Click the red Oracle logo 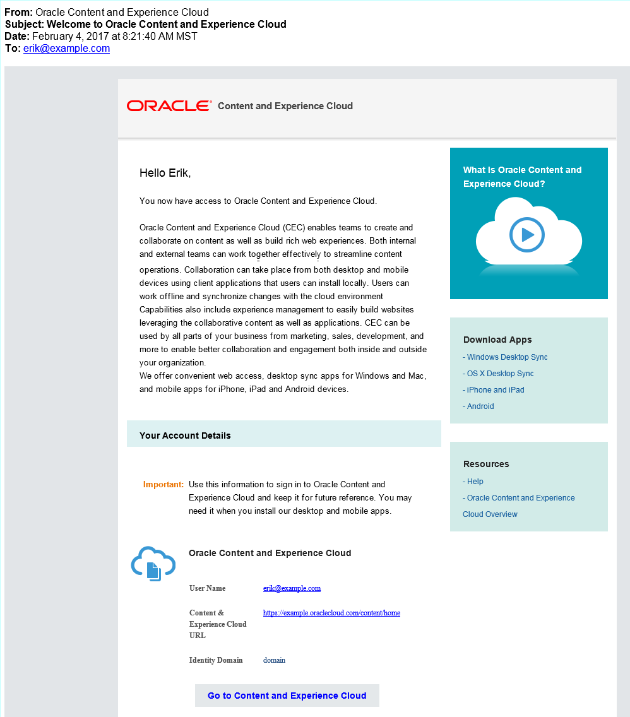169,106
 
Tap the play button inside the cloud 527,235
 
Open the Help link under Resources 475,482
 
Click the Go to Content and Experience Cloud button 287,696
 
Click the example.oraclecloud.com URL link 331,613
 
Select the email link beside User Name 292,588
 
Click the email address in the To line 66,49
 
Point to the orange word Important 163,485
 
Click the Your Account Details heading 185,436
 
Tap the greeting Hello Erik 165,173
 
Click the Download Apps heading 497,340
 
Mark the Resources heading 486,464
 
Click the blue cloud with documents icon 153,563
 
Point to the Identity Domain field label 216,660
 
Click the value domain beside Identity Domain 274,660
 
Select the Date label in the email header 17,37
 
